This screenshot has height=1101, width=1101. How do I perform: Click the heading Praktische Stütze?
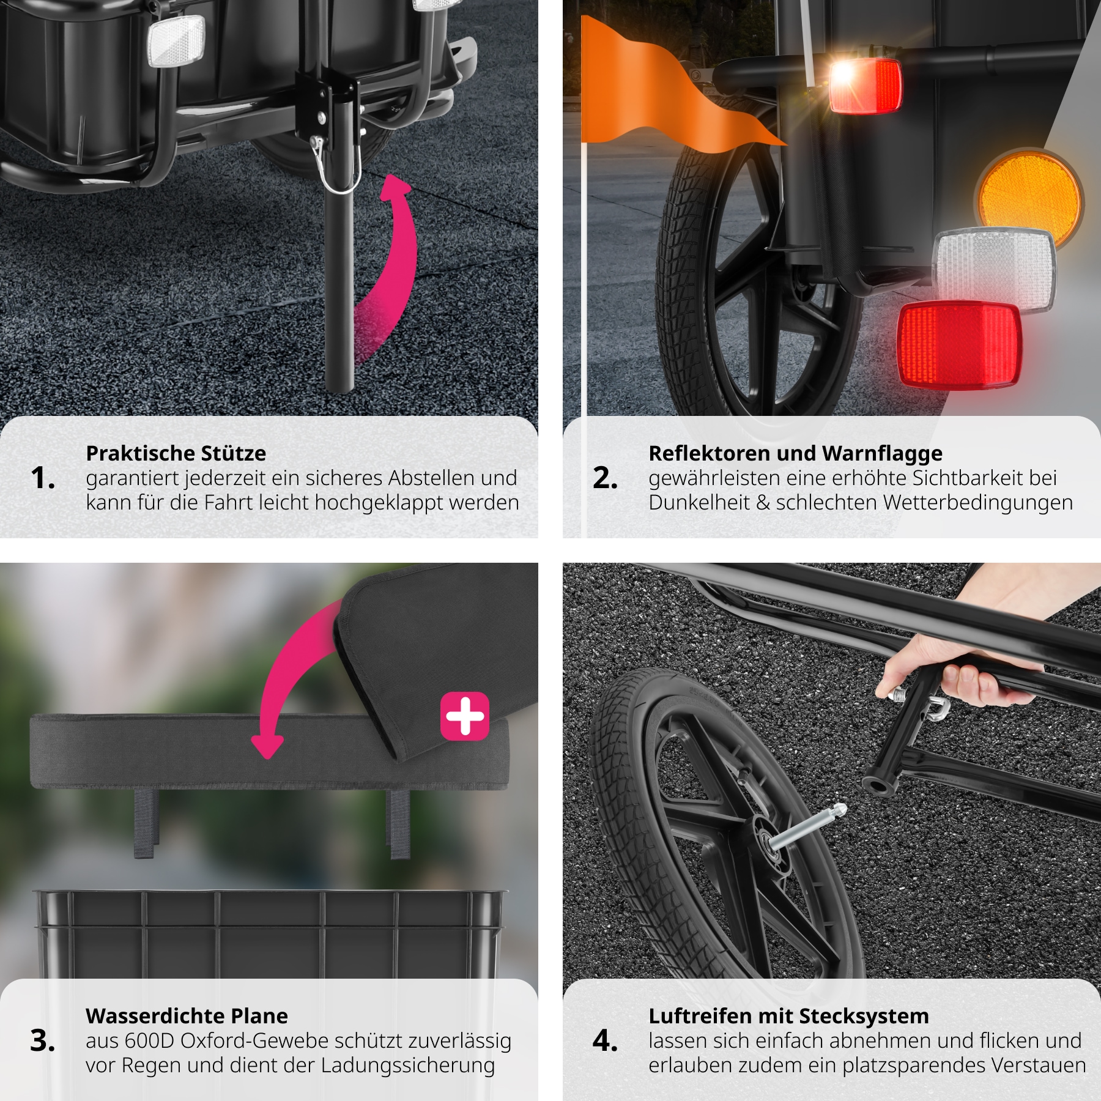click(176, 454)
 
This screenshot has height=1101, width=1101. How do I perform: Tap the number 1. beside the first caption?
click(43, 478)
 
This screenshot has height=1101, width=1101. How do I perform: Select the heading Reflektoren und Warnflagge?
click(795, 454)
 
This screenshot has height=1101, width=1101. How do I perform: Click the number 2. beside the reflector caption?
click(605, 478)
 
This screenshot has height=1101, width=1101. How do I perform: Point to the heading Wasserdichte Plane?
click(187, 1016)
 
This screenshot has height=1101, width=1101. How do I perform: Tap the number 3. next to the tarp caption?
click(43, 1040)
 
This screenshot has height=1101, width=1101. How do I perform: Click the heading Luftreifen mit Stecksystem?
click(788, 1016)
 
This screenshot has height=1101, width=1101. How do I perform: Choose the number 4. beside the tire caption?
click(605, 1040)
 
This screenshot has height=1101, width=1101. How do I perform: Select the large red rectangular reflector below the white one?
click(959, 344)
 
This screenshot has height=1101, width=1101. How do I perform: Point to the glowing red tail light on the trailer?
click(865, 86)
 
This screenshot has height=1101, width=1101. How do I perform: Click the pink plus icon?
click(465, 716)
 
